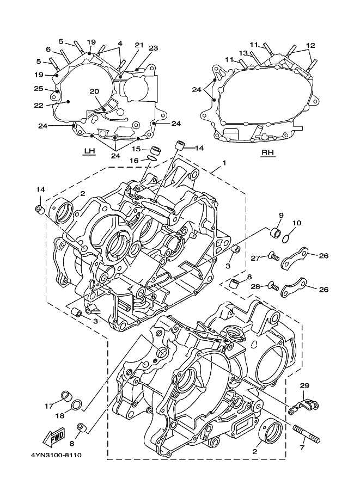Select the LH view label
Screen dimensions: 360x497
click(89, 151)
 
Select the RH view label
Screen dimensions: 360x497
click(267, 153)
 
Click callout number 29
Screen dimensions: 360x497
click(304, 386)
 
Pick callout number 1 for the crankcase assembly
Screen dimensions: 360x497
click(224, 163)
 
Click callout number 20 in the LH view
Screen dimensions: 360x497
click(94, 91)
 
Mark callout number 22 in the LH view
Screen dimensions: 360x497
click(39, 106)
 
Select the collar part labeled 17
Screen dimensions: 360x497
click(66, 396)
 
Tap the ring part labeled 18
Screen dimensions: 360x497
click(77, 405)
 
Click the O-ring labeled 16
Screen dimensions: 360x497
click(152, 158)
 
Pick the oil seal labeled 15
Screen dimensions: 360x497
click(155, 149)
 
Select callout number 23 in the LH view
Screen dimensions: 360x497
click(153, 48)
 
